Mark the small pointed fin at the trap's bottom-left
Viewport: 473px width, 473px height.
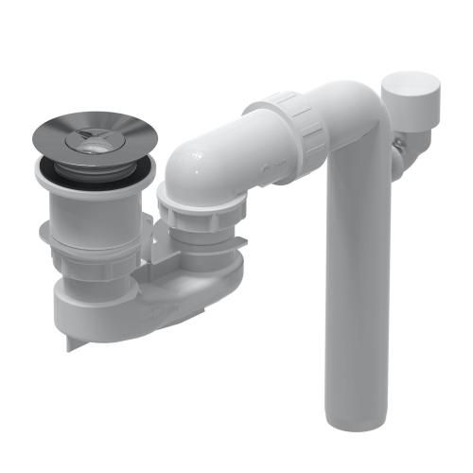pos(72,340)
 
